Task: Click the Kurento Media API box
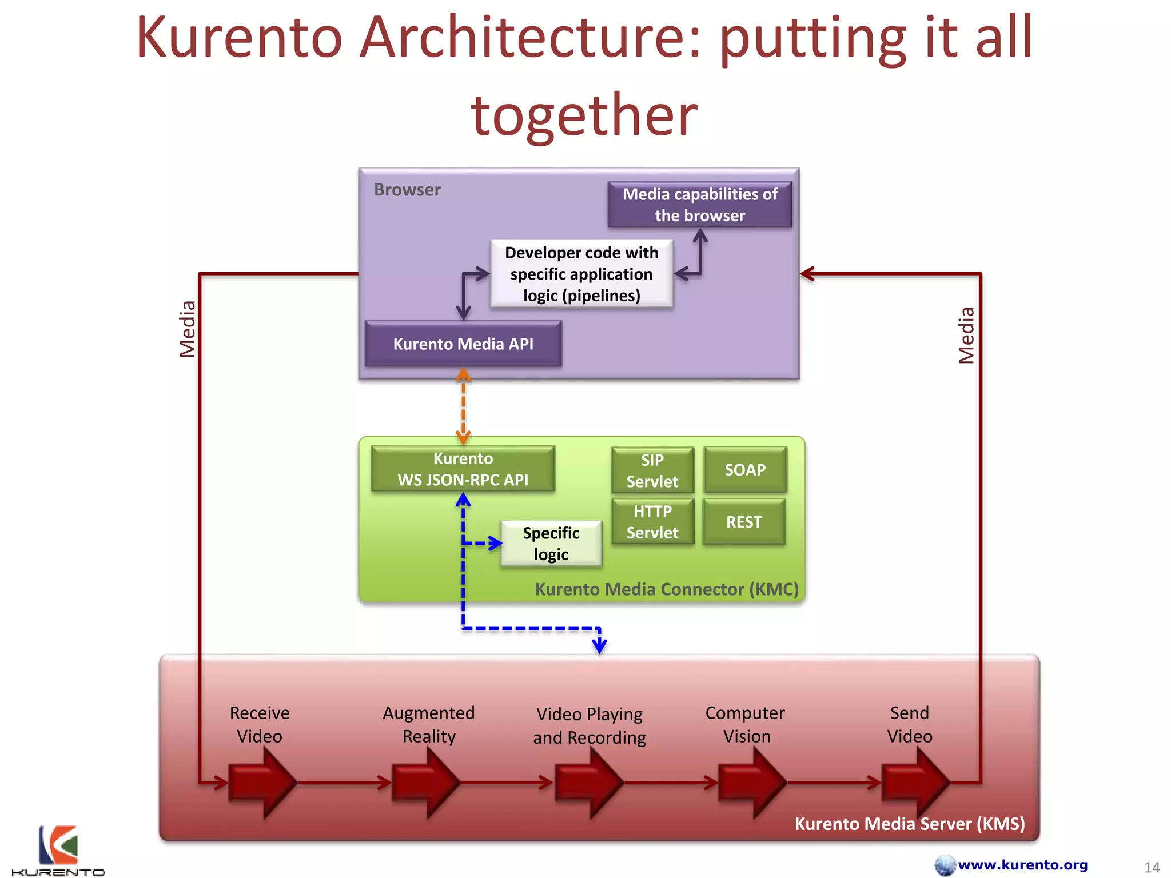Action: click(x=463, y=344)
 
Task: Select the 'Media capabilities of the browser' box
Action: click(x=700, y=205)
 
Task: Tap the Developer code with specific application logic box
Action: click(x=581, y=274)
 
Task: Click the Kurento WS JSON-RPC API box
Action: click(x=463, y=469)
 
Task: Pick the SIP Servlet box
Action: click(x=652, y=470)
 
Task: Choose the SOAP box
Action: click(x=745, y=470)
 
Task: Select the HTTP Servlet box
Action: click(x=652, y=521)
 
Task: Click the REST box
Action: click(x=744, y=521)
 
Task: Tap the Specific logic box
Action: click(x=551, y=543)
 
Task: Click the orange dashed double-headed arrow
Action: click(x=463, y=406)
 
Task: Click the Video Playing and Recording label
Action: click(x=590, y=725)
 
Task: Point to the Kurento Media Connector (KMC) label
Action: click(x=667, y=589)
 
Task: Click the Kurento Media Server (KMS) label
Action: click(x=909, y=824)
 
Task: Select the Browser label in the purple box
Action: click(x=407, y=190)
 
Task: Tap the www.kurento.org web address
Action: click(x=1022, y=864)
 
